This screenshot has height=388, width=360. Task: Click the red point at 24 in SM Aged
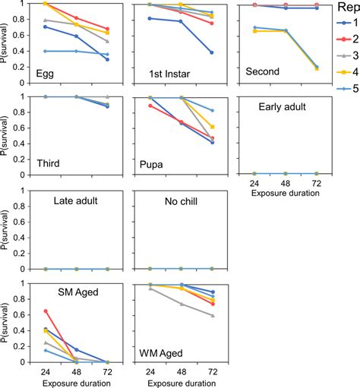(x=46, y=311)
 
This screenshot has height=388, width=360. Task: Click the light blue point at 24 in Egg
(x=46, y=51)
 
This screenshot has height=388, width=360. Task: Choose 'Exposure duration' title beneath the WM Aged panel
(x=181, y=383)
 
